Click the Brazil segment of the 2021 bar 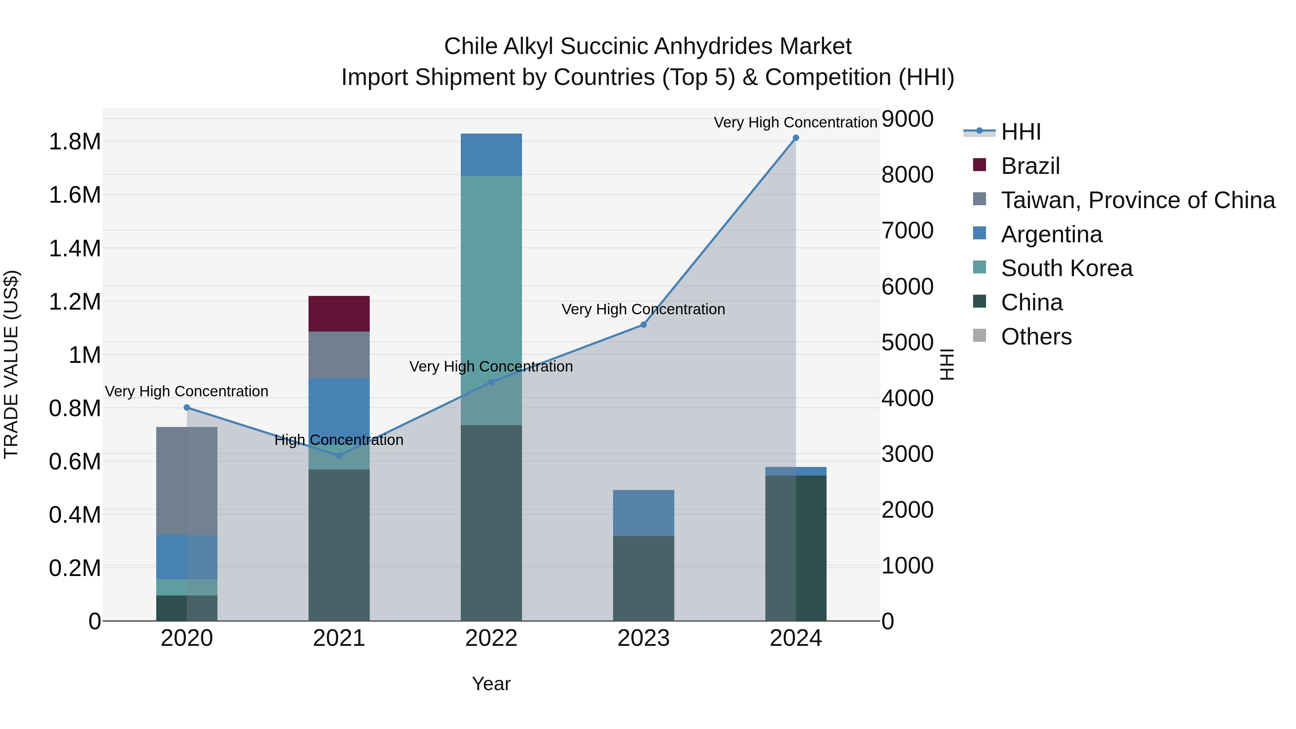[x=339, y=314]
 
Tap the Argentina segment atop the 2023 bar [x=643, y=513]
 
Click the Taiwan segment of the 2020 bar [x=186, y=481]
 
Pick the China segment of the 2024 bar [x=795, y=548]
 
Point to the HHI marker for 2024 [x=795, y=138]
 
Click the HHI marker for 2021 [x=339, y=455]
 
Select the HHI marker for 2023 [x=643, y=324]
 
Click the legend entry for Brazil [x=1030, y=166]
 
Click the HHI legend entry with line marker [x=1020, y=132]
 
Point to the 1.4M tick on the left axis [x=75, y=248]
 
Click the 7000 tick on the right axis [x=907, y=230]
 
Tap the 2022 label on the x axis [x=491, y=638]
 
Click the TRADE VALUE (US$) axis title [x=11, y=364]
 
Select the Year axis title [x=491, y=684]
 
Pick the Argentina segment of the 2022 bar [x=491, y=154]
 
